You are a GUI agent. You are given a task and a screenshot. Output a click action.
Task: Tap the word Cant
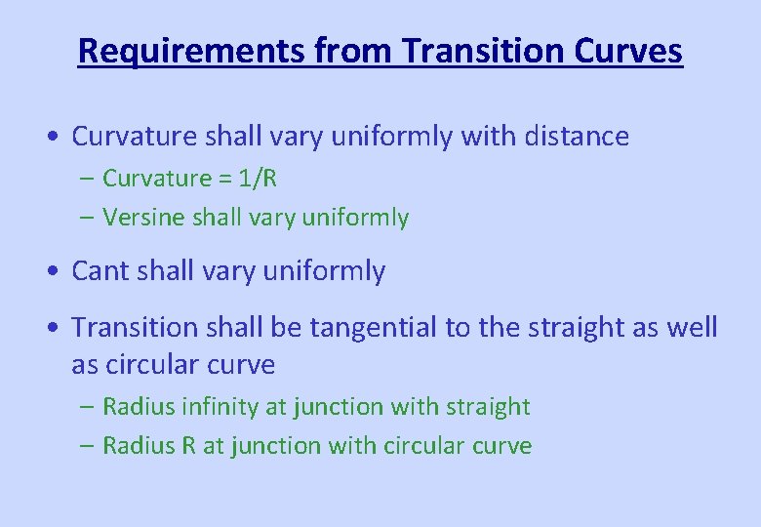tap(101, 271)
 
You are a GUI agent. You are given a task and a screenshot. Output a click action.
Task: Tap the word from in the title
tap(360, 51)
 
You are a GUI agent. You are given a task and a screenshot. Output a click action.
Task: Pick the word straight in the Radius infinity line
tap(487, 407)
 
